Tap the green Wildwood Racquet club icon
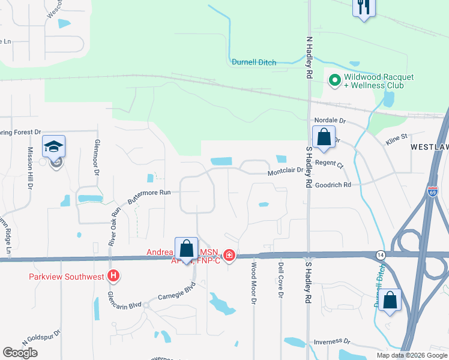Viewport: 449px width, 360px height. tap(334, 79)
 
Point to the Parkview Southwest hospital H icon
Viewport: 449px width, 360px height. tap(113, 276)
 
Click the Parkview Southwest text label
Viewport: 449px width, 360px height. tap(66, 277)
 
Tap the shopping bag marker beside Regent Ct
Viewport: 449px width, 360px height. tap(324, 137)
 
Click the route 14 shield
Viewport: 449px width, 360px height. tap(380, 254)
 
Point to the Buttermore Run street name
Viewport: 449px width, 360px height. tap(148, 193)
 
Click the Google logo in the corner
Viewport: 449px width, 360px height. tap(20, 353)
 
